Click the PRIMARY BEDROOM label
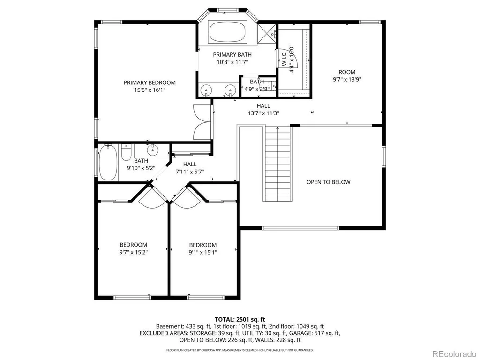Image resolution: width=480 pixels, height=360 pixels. [x=150, y=82]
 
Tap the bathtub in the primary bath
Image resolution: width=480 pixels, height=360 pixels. [x=227, y=32]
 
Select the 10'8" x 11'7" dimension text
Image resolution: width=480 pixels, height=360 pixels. [x=232, y=62]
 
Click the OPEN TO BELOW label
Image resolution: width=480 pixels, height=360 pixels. [x=329, y=182]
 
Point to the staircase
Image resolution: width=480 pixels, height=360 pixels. [x=277, y=164]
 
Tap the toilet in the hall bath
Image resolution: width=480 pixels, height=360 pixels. [x=126, y=152]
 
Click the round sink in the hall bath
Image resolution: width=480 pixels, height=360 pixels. [x=152, y=150]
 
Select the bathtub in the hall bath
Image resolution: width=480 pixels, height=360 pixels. [x=108, y=162]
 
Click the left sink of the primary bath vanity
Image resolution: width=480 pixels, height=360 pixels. [x=206, y=90]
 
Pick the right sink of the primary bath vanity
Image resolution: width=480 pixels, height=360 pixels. [x=230, y=90]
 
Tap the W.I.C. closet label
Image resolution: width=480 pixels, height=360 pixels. [x=284, y=58]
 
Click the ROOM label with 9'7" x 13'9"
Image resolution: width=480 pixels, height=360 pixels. [x=347, y=72]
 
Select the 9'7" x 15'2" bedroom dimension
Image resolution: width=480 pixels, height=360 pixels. [x=134, y=253]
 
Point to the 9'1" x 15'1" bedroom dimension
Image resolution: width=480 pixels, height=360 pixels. [x=202, y=253]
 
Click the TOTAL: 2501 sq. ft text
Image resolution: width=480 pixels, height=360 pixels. [x=240, y=320]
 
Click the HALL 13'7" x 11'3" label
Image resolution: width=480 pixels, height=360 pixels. [x=263, y=110]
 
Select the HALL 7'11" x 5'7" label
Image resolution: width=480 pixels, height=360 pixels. [x=190, y=168]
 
